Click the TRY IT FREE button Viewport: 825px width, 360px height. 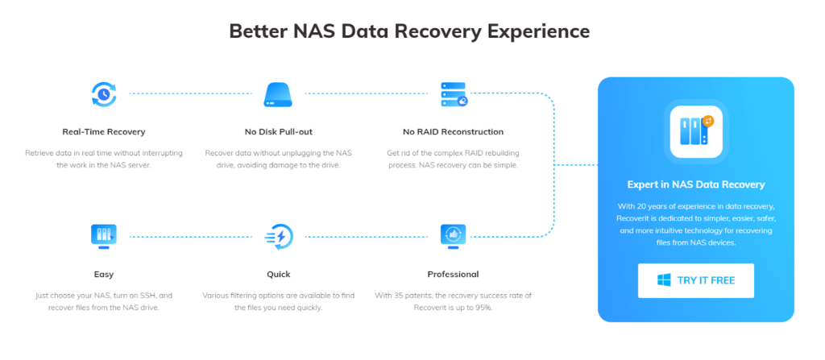pyautogui.click(x=695, y=280)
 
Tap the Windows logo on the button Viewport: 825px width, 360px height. pyautogui.click(x=664, y=280)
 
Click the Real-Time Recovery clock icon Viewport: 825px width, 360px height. pyautogui.click(x=104, y=94)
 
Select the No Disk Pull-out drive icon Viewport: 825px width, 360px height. pyautogui.click(x=277, y=95)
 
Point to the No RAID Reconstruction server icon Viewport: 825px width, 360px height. pyautogui.click(x=454, y=94)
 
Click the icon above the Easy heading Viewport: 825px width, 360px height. pyautogui.click(x=104, y=237)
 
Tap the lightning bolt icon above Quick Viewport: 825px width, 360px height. pyautogui.click(x=278, y=237)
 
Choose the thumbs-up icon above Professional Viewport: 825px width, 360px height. pyautogui.click(x=453, y=237)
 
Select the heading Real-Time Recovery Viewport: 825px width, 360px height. pyautogui.click(x=104, y=131)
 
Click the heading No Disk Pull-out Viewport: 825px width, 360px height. pyautogui.click(x=278, y=131)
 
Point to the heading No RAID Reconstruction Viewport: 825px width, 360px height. pyautogui.click(x=453, y=131)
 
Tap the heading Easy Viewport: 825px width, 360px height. pyautogui.click(x=104, y=274)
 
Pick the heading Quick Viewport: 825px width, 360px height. pyautogui.click(x=278, y=274)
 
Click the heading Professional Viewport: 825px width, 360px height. pyautogui.click(x=453, y=274)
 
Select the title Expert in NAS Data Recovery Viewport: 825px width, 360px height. pyautogui.click(x=695, y=184)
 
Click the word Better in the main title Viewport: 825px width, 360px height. pyautogui.click(x=257, y=31)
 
